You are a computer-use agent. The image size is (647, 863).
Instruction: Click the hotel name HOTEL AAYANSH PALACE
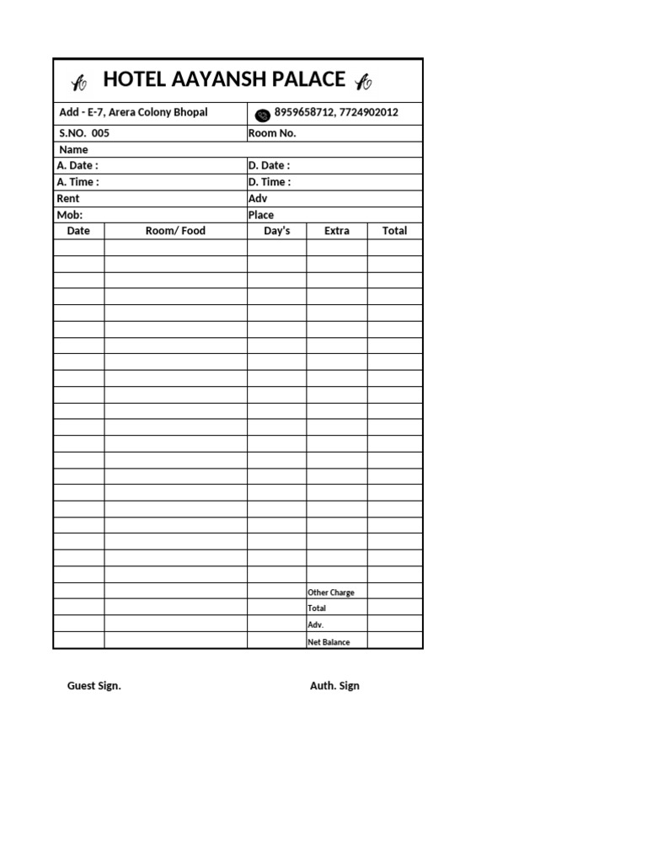click(223, 80)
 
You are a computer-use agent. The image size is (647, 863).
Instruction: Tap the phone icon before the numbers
click(262, 115)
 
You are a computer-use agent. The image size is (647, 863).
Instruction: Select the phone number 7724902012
click(369, 113)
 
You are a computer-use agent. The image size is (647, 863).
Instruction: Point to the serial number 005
click(100, 133)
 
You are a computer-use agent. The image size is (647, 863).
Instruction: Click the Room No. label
click(272, 133)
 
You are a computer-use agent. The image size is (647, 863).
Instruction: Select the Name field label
click(73, 150)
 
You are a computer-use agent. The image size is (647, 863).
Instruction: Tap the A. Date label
click(78, 166)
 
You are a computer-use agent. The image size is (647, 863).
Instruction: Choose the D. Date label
click(269, 166)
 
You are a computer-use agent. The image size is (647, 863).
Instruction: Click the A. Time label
click(78, 182)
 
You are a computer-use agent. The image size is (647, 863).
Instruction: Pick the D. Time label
click(270, 182)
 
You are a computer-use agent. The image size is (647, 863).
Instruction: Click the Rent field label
click(68, 199)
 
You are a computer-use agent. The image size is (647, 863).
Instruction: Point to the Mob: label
click(70, 215)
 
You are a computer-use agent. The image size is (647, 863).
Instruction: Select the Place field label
click(261, 215)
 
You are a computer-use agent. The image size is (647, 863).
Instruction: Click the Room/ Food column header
click(175, 231)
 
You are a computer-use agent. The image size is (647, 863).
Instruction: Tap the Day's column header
click(276, 231)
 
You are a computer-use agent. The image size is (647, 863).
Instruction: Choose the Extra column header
click(336, 231)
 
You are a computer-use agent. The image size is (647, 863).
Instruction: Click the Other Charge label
click(331, 592)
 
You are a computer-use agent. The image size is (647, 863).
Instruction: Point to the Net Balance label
click(329, 642)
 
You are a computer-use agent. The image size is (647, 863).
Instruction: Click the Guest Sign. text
click(94, 686)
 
